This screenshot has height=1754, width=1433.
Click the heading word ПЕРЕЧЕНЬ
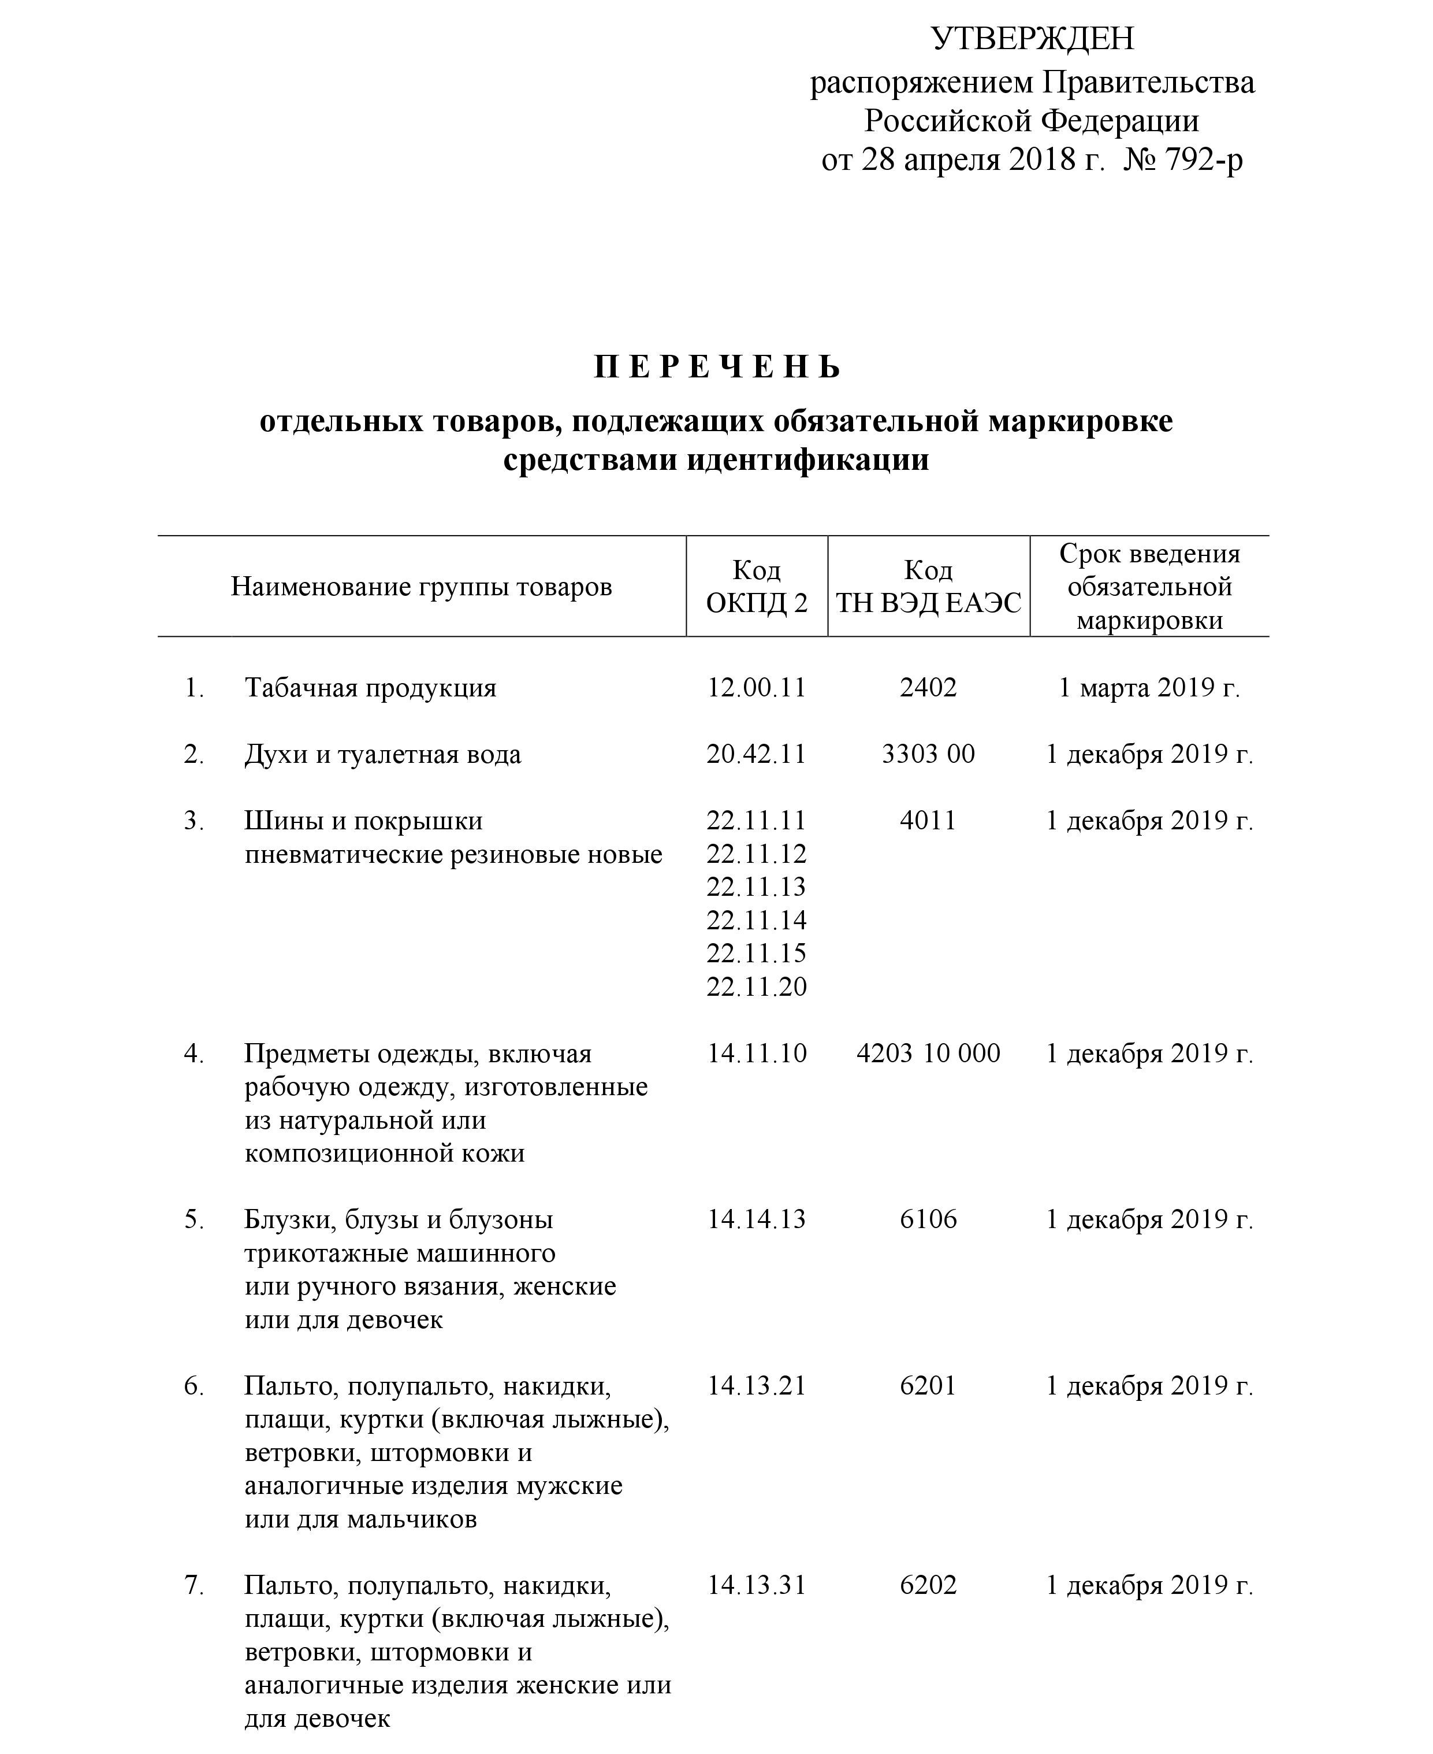point(716,366)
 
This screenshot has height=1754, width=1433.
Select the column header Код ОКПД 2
point(756,587)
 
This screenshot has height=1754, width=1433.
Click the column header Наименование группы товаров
point(421,587)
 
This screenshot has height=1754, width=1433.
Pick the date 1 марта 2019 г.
point(1149,687)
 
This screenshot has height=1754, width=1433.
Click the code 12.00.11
point(756,687)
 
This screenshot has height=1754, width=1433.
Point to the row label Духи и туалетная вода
point(382,755)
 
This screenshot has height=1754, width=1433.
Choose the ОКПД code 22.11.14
point(756,920)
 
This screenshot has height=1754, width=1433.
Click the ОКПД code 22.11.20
point(756,987)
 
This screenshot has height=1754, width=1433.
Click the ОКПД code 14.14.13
point(756,1219)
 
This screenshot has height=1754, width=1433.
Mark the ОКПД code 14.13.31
point(756,1586)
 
